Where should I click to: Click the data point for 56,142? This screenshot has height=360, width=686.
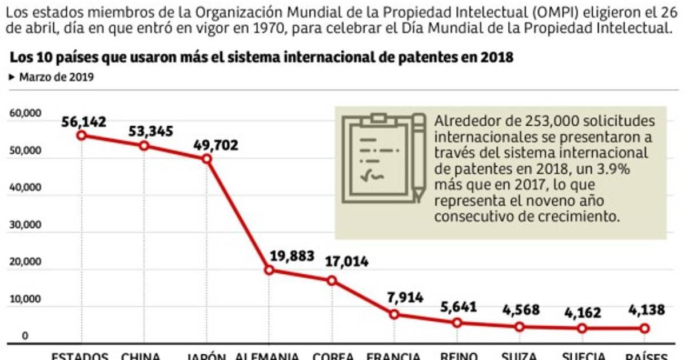click(81, 135)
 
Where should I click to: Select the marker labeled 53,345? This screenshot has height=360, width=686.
click(144, 146)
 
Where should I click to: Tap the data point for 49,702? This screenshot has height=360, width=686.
click(207, 158)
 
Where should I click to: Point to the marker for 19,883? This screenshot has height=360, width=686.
click(269, 270)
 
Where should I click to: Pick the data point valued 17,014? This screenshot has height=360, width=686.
click(332, 281)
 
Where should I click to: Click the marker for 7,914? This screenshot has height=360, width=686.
click(394, 314)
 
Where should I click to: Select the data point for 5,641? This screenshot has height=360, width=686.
click(457, 323)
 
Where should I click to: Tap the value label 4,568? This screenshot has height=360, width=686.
click(519, 310)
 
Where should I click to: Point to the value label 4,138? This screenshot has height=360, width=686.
click(645, 310)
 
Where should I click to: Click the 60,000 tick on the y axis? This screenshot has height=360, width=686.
click(25, 114)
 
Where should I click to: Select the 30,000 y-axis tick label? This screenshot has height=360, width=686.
click(25, 225)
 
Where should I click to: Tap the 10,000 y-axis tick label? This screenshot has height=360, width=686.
click(25, 299)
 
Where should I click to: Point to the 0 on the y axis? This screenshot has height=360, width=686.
click(25, 336)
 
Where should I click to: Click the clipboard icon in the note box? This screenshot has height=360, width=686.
click(383, 158)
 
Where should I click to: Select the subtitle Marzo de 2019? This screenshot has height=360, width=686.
click(56, 77)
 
